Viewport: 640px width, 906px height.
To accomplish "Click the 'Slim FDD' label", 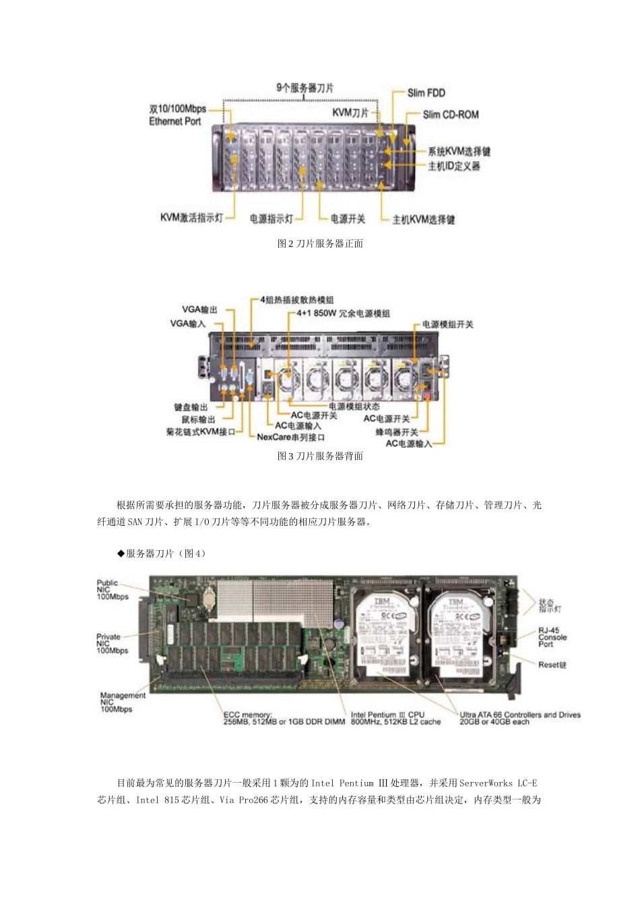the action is point(426,93).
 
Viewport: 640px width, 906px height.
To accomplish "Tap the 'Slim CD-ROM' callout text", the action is point(450,115).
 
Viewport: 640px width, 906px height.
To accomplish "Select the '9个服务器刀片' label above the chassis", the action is point(305,88).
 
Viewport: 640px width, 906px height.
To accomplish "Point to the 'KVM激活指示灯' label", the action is point(191,218).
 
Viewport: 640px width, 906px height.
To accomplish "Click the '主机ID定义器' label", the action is point(454,166).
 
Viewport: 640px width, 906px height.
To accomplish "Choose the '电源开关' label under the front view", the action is point(348,219).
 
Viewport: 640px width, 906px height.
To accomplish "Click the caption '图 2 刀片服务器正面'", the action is point(320,243).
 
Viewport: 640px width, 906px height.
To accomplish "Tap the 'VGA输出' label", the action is point(199,309).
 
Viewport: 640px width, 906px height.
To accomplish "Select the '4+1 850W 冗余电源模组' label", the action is point(343,313).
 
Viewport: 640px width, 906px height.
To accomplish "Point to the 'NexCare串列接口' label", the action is point(291,437).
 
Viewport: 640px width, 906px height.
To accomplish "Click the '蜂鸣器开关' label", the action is point(397,431).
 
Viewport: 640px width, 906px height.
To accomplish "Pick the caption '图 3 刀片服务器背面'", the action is point(320,456).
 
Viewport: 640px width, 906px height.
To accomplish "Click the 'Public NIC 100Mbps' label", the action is point(112,590).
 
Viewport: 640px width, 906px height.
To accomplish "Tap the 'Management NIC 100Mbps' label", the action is point(122,702).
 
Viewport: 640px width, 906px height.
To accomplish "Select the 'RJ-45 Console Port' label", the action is point(552,637).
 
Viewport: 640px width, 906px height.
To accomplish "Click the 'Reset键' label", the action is point(552,665).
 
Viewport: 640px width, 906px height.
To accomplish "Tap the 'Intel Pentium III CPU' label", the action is point(395,718).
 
